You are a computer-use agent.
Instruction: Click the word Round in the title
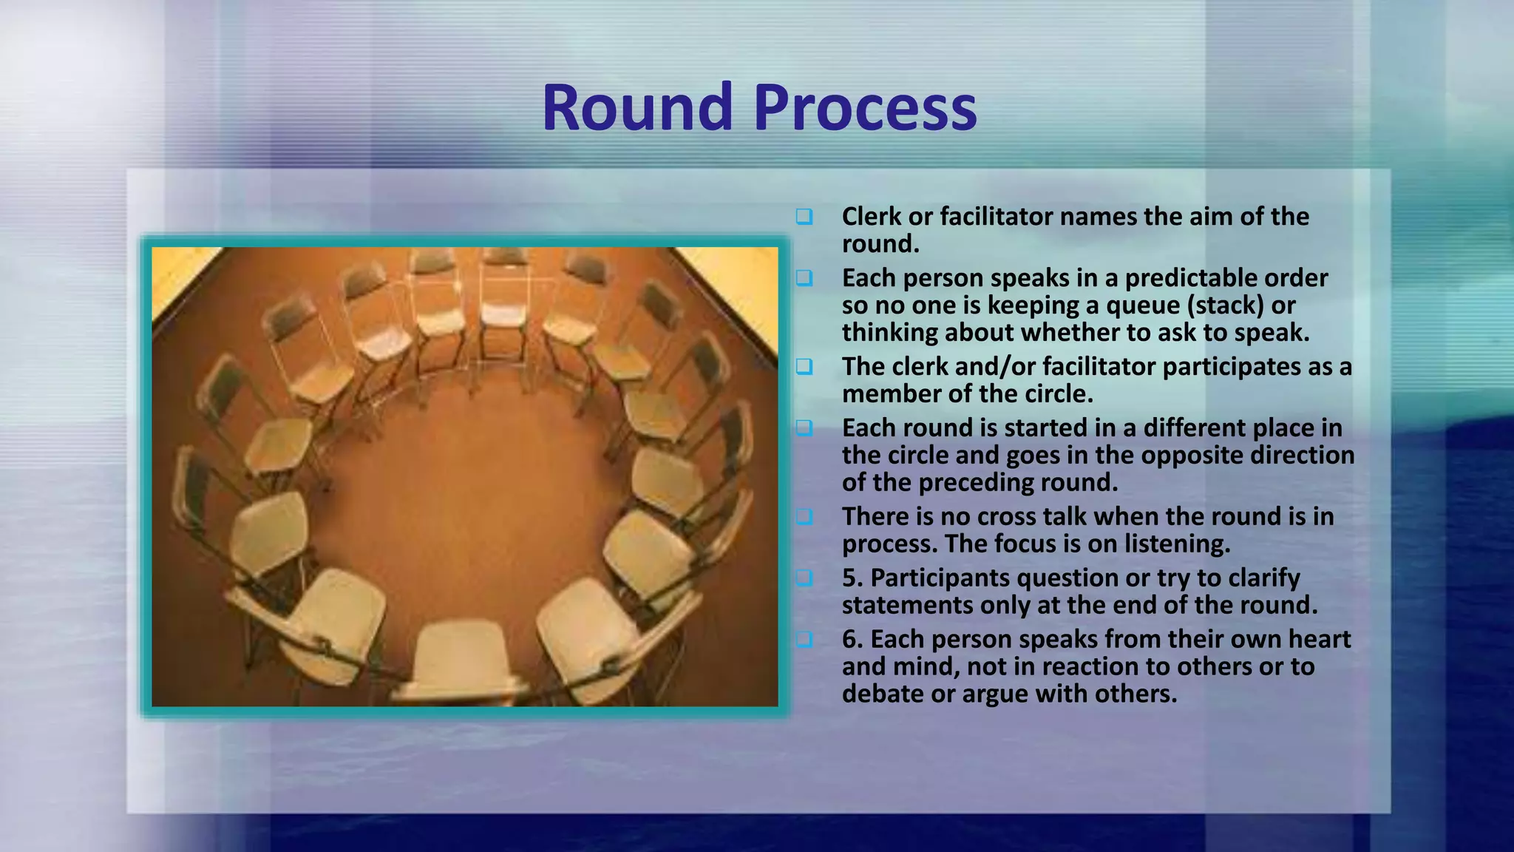click(637, 108)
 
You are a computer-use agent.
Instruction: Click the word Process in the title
click(865, 108)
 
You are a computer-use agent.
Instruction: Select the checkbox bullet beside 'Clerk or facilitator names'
click(804, 217)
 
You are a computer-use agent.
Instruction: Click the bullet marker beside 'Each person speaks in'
click(804, 278)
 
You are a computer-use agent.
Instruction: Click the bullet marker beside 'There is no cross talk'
click(804, 516)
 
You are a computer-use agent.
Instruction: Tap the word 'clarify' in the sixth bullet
click(1264, 578)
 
